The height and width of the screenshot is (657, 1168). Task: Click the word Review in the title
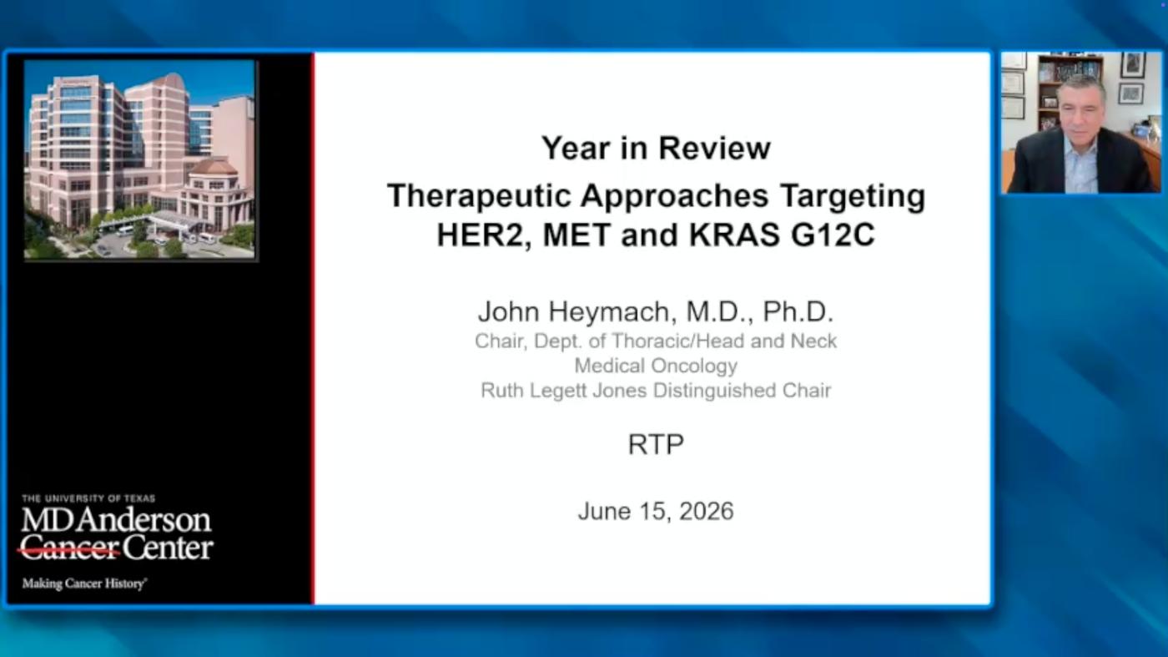coord(714,149)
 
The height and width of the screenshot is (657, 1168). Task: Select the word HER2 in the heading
coord(484,235)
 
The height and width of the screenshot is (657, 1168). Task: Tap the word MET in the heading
coord(576,235)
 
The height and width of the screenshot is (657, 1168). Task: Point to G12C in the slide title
coord(833,235)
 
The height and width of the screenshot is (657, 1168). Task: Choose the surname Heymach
coord(608,311)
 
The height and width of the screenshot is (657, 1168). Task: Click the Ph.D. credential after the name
coord(798,311)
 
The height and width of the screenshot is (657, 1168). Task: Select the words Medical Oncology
coord(656,366)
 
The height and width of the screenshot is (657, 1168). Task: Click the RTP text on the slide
coord(656,445)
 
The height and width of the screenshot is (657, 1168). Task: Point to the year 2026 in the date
coord(707,512)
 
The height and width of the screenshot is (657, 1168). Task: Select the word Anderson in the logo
coord(145,520)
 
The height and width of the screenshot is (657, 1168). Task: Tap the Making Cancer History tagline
coord(84,584)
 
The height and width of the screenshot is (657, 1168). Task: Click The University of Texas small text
coord(88,498)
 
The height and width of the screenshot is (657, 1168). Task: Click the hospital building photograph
coord(139,159)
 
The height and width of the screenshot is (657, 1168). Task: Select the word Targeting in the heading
coord(853,196)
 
